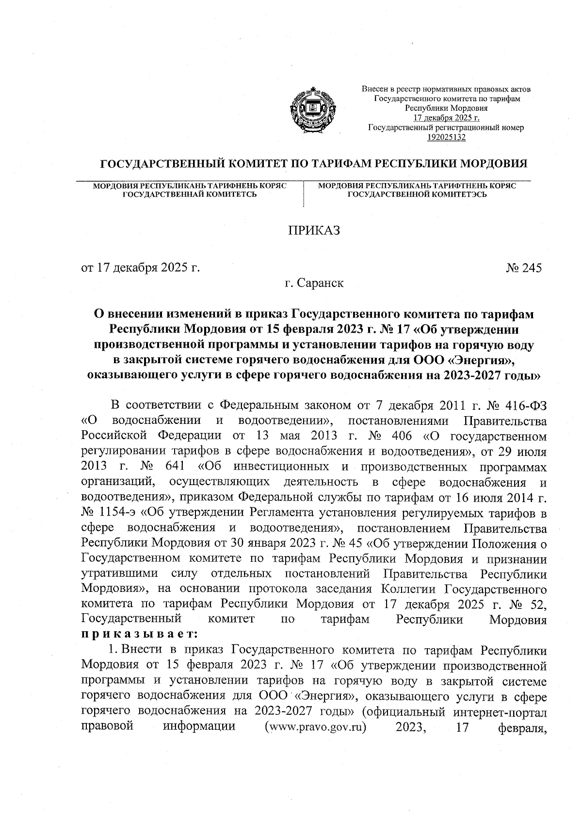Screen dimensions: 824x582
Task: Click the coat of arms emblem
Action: click(x=311, y=110)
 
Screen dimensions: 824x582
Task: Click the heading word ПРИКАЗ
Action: click(x=314, y=230)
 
